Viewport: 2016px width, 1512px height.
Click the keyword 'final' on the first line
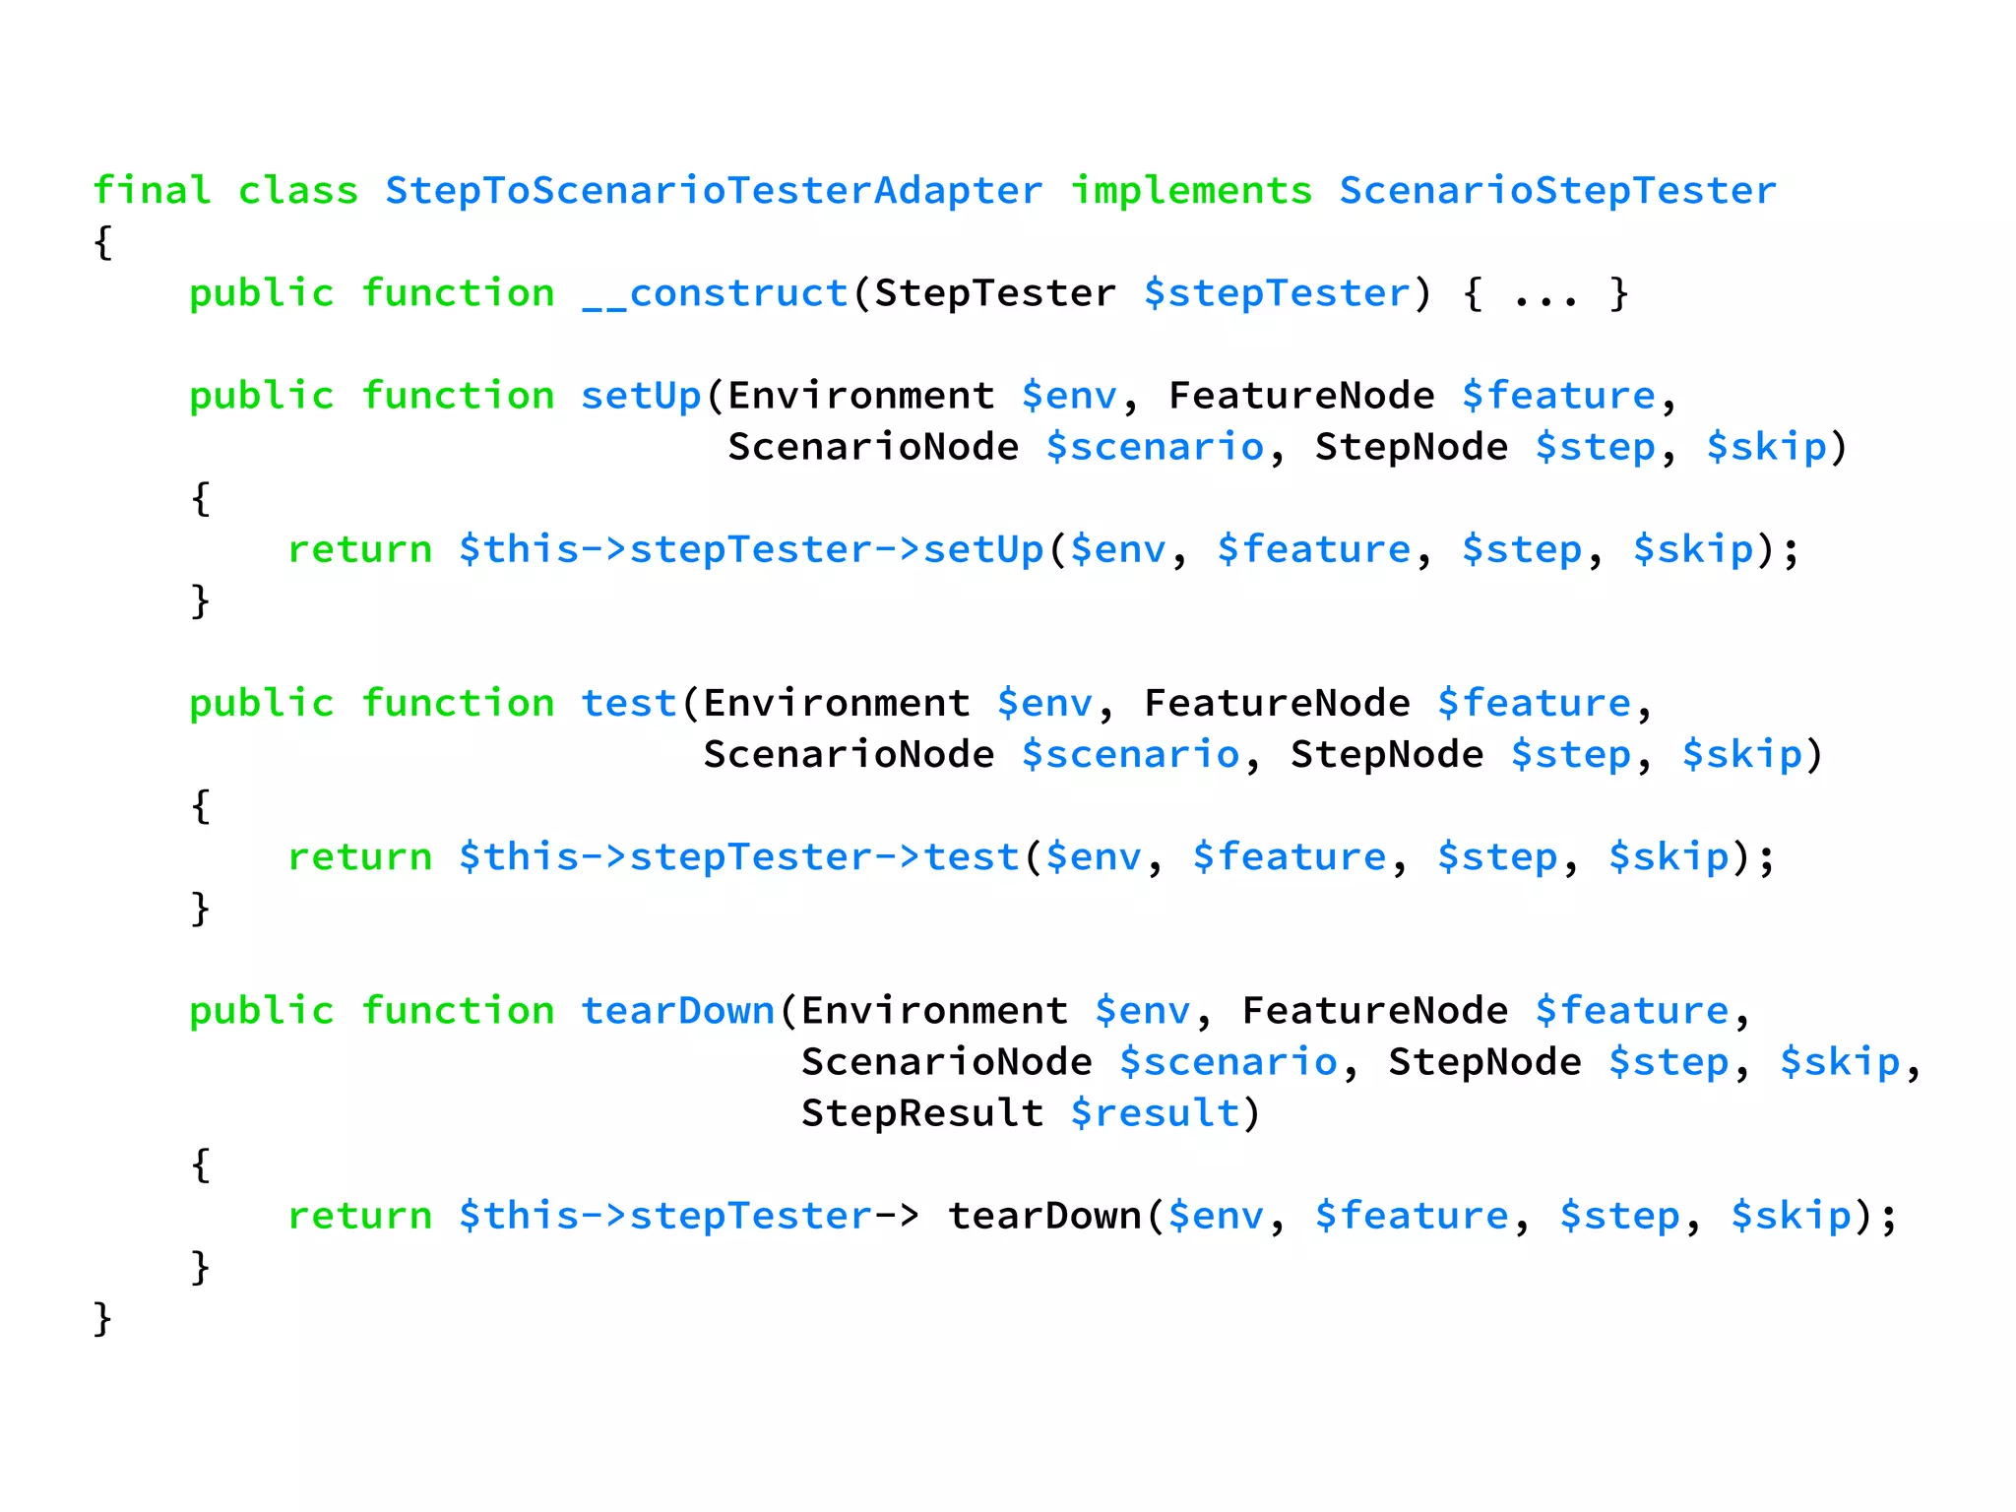pos(152,190)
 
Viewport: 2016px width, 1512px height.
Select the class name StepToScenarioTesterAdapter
pos(713,190)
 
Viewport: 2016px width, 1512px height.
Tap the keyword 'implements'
pos(1191,190)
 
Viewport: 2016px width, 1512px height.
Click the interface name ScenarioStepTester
pos(1557,190)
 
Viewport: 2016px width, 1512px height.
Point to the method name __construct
pos(715,293)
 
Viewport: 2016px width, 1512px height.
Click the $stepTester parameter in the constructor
pos(1277,293)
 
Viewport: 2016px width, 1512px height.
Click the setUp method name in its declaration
pos(641,396)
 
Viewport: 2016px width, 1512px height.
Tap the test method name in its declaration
pos(628,703)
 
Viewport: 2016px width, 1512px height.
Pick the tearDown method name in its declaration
pos(677,1011)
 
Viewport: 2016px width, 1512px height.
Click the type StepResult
pos(921,1113)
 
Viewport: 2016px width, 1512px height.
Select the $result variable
pos(1155,1113)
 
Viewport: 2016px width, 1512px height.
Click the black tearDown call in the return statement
pos(1043,1216)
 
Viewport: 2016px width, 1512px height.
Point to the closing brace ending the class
pos(102,1318)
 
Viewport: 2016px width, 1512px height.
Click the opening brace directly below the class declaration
pos(102,242)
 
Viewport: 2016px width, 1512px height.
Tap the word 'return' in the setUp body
pos(359,549)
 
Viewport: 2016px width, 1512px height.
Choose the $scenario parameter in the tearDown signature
pos(1228,1062)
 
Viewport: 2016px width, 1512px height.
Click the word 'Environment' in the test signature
pos(837,703)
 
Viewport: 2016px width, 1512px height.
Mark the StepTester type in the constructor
pos(995,293)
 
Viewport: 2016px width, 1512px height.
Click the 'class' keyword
pos(298,190)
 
